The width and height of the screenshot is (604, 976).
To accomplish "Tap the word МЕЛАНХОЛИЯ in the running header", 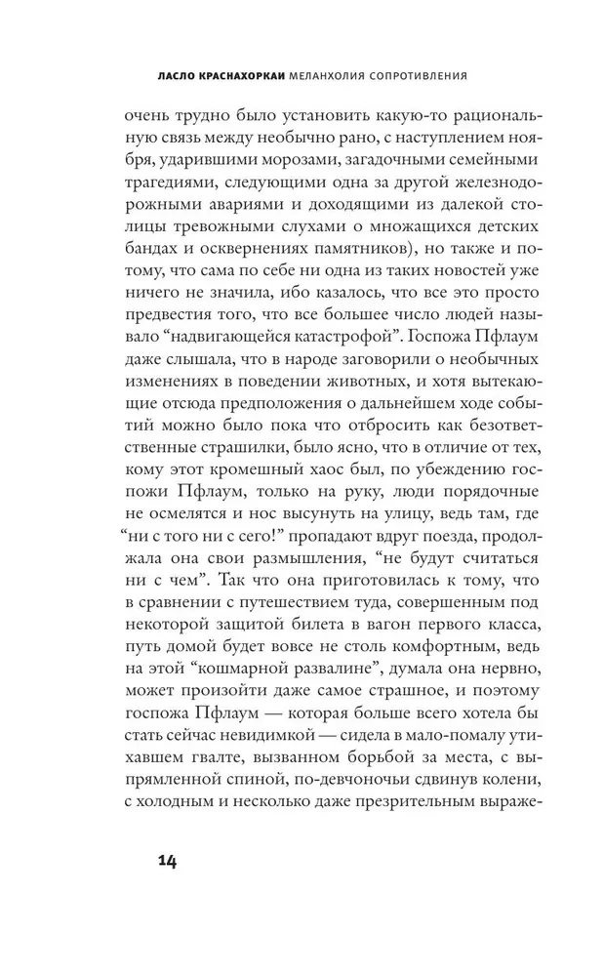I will pyautogui.click(x=330, y=74).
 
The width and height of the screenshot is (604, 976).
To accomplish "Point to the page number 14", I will pyautogui.click(x=166, y=861).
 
